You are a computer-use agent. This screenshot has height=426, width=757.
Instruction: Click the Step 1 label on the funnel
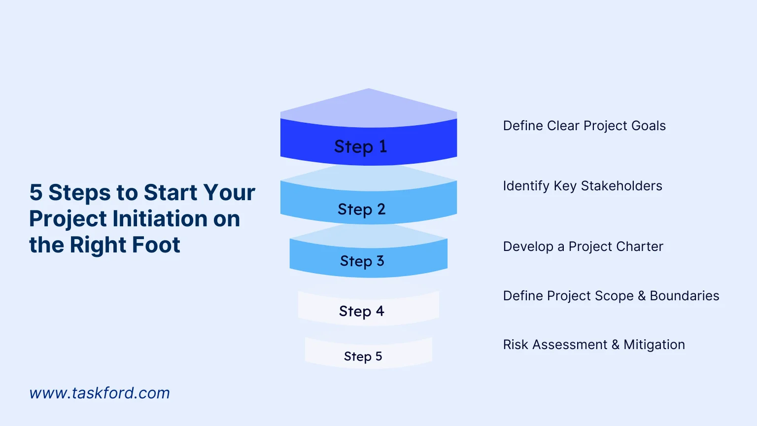(361, 146)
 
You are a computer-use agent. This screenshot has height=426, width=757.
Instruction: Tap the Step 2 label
(361, 209)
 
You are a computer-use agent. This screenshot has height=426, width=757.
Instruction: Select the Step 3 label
(362, 261)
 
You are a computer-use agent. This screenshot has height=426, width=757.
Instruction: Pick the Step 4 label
(361, 311)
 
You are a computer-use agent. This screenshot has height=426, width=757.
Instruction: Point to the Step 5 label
(363, 356)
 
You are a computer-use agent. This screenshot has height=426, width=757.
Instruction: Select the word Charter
(640, 247)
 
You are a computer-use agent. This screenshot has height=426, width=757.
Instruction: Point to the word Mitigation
(654, 345)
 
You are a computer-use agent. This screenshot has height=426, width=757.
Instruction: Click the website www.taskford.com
(100, 393)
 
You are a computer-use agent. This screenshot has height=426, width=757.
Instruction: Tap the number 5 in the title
(36, 192)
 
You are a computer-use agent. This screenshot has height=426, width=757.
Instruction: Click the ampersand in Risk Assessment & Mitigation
(616, 345)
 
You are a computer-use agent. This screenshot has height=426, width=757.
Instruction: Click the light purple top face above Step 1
(369, 108)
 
